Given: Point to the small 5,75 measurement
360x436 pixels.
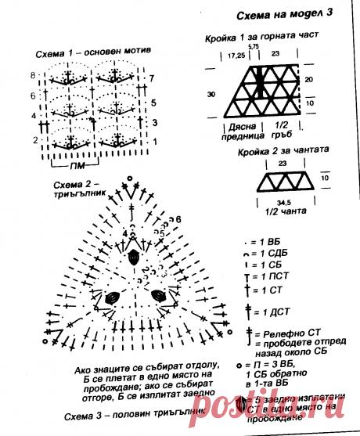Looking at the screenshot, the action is point(253,47).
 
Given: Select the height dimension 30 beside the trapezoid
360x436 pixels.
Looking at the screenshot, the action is point(211,94).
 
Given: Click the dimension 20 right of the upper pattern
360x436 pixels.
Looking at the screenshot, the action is point(309,80).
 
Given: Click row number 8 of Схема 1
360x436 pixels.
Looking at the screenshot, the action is point(34,75).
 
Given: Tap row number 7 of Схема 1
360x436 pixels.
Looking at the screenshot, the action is point(152,78).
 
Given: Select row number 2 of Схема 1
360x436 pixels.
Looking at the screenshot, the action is point(35,139).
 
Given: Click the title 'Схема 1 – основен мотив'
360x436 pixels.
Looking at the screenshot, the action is point(92,54).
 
